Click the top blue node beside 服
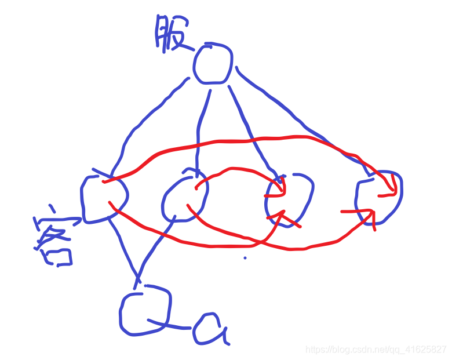213,63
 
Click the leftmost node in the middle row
103,198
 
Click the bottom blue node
145,312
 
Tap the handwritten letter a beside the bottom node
209,329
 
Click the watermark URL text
376,350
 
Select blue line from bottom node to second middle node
154,249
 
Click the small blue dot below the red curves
245,257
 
